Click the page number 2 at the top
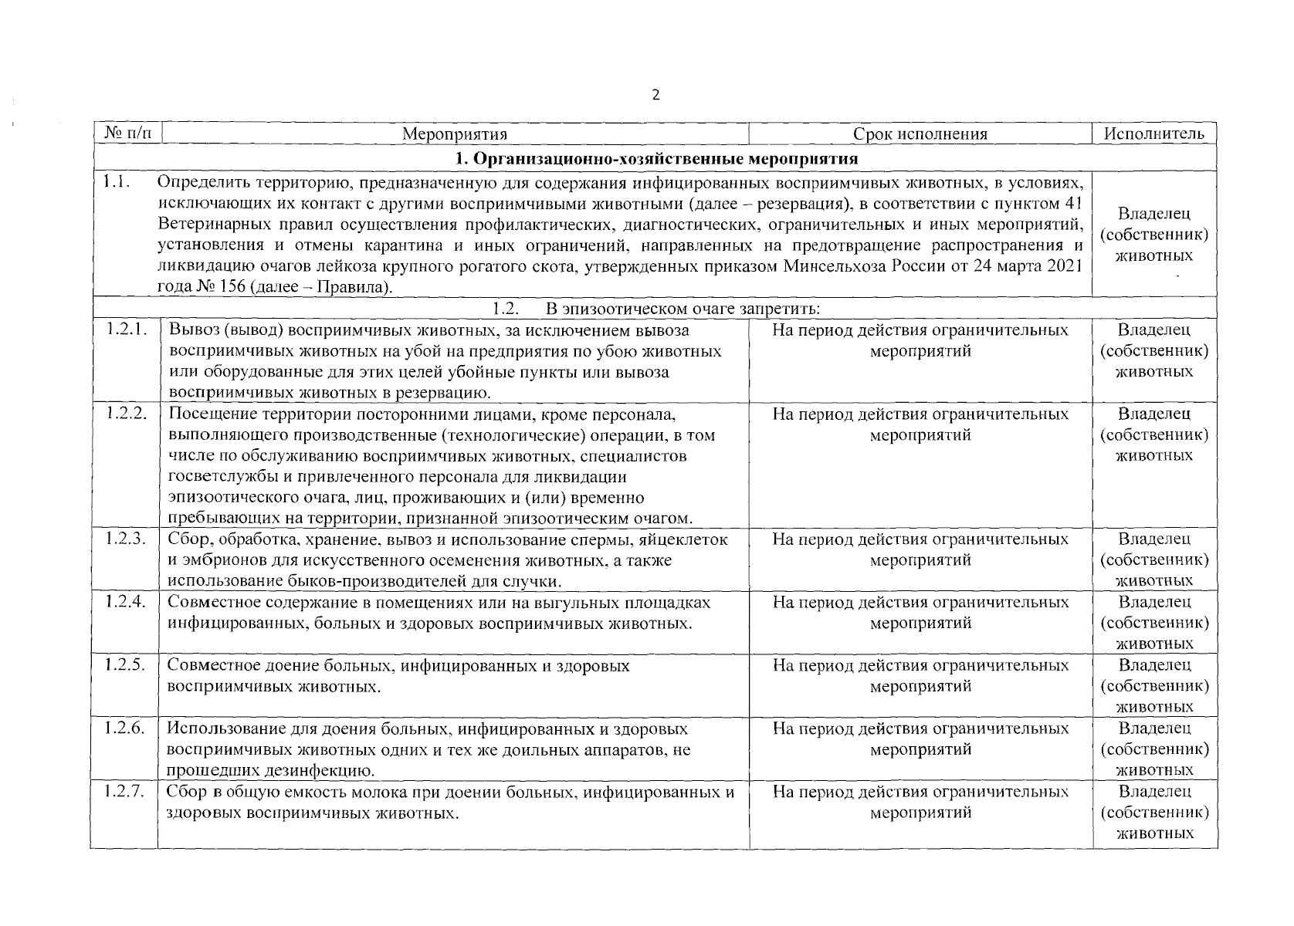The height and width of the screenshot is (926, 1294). [655, 96]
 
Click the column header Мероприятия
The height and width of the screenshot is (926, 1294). [455, 133]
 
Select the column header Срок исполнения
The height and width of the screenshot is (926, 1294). [920, 133]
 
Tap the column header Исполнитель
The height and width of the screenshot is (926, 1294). [1154, 133]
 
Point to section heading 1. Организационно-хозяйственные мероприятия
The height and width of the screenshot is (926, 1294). [656, 159]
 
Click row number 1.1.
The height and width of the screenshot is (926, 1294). [116, 183]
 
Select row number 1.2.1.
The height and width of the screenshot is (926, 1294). [126, 330]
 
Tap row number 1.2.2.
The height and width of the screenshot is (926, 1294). [126, 414]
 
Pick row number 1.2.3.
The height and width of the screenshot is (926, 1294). [126, 539]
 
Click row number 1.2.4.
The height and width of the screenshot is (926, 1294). [126, 601]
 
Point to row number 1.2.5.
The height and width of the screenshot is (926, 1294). [126, 664]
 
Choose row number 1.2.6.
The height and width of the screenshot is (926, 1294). [126, 728]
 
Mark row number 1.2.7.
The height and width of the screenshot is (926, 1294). [126, 791]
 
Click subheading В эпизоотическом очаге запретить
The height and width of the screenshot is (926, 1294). [683, 309]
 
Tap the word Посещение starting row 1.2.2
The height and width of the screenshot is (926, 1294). [208, 414]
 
